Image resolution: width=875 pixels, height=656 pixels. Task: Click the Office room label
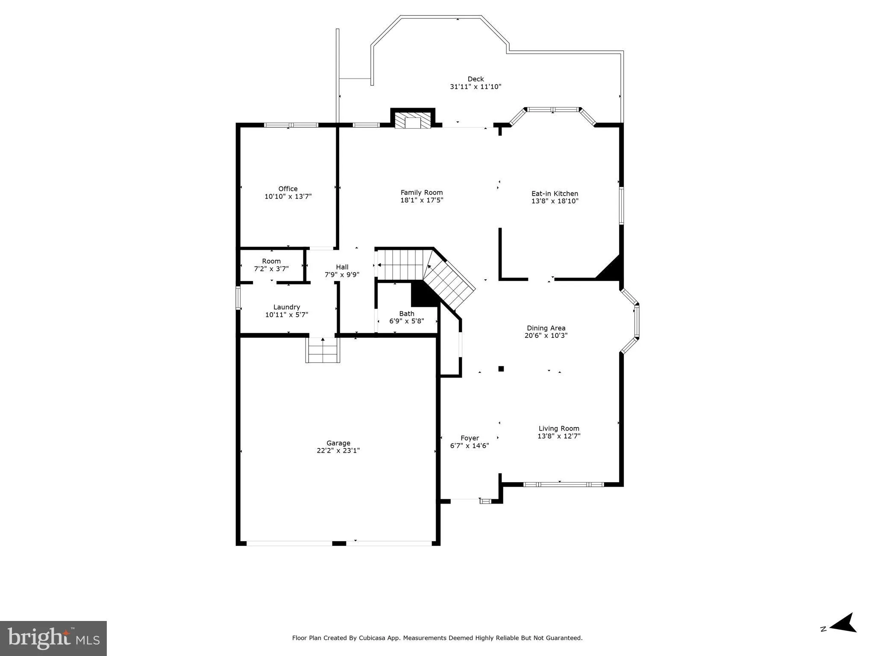pos(288,189)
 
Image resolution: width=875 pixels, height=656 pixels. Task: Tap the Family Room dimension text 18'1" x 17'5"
pos(421,200)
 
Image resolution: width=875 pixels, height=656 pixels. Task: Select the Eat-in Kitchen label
pos(555,193)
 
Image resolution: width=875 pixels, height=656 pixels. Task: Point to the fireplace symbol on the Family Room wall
pos(413,121)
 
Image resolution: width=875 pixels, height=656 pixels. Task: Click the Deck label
pos(476,79)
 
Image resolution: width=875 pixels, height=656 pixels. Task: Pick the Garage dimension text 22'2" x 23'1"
pos(338,451)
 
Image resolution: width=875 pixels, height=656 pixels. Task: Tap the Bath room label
pos(406,313)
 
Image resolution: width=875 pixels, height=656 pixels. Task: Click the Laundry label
pos(286,307)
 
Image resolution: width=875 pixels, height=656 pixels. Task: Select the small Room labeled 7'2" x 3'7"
pos(271,265)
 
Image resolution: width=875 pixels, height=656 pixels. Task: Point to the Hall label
pos(342,267)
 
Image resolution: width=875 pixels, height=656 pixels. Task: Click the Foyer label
pos(470,438)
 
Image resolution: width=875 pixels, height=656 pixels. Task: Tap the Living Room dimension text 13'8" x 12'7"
pos(559,436)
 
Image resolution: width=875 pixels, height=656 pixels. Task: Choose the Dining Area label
pos(546,328)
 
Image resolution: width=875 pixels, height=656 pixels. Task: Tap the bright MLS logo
pos(53,638)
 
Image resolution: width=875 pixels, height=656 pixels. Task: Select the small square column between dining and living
pos(501,369)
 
